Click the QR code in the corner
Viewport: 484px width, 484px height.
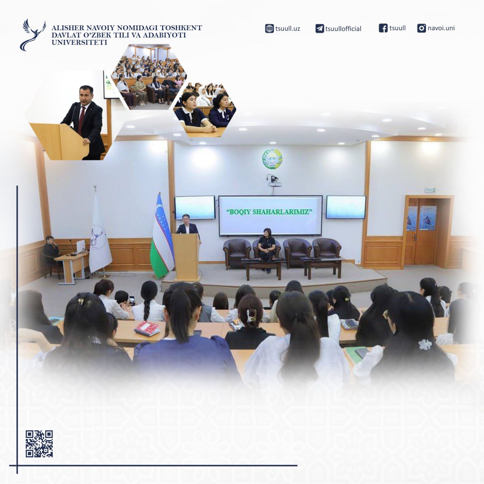click(39, 444)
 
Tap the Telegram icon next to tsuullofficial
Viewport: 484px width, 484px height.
click(320, 29)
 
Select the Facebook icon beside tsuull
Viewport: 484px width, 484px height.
click(383, 28)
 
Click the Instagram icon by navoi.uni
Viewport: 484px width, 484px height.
click(422, 28)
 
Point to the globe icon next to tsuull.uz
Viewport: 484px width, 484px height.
click(269, 29)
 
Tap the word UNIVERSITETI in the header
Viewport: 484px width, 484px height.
click(79, 42)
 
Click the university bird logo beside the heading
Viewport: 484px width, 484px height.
click(33, 35)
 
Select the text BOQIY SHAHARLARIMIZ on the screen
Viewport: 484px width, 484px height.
click(269, 212)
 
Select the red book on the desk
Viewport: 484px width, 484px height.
click(147, 328)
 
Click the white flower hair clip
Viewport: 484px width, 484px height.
click(425, 344)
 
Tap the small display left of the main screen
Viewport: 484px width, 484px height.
click(195, 208)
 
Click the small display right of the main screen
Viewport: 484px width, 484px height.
click(346, 207)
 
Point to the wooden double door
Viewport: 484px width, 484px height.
click(422, 231)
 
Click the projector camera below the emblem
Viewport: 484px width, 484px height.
click(273, 180)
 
